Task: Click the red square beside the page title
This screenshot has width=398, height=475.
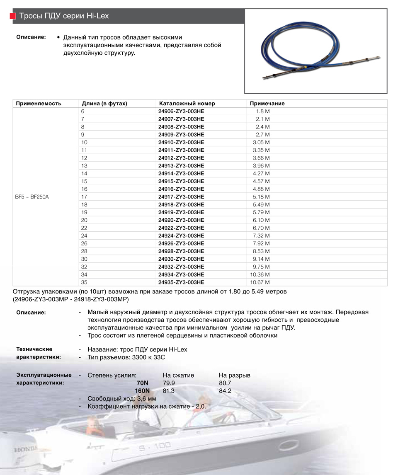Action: pos(12,16)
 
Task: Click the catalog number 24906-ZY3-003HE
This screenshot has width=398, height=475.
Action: pos(181,111)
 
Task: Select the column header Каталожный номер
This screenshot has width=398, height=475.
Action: pos(187,104)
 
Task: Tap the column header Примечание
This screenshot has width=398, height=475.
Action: pos(267,104)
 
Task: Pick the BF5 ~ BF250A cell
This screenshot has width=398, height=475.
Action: pos(32,197)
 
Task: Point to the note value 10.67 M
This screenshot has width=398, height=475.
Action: pos(260,282)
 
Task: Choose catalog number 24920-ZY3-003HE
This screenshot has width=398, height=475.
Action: pos(181,220)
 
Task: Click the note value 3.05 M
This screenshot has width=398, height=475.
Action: pos(261,143)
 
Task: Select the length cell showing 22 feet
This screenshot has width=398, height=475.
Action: pos(85,228)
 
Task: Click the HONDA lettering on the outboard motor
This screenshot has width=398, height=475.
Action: pos(25,449)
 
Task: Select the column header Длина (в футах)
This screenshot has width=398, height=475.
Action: pos(104,104)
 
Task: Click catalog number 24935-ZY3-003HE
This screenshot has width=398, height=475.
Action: pos(181,282)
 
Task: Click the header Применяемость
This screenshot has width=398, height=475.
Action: pos(38,104)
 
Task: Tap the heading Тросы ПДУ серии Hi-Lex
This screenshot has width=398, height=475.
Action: pos(64,16)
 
